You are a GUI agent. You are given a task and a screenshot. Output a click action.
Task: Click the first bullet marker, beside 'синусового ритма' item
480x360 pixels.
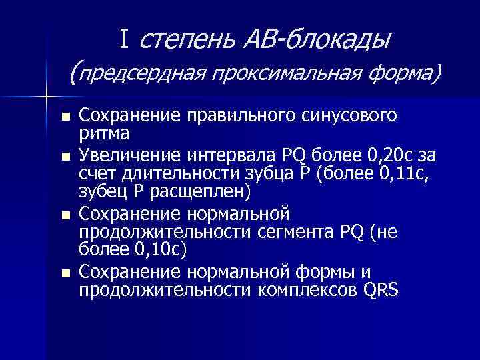[65, 118]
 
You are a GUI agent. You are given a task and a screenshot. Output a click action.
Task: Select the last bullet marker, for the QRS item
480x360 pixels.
[65, 273]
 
